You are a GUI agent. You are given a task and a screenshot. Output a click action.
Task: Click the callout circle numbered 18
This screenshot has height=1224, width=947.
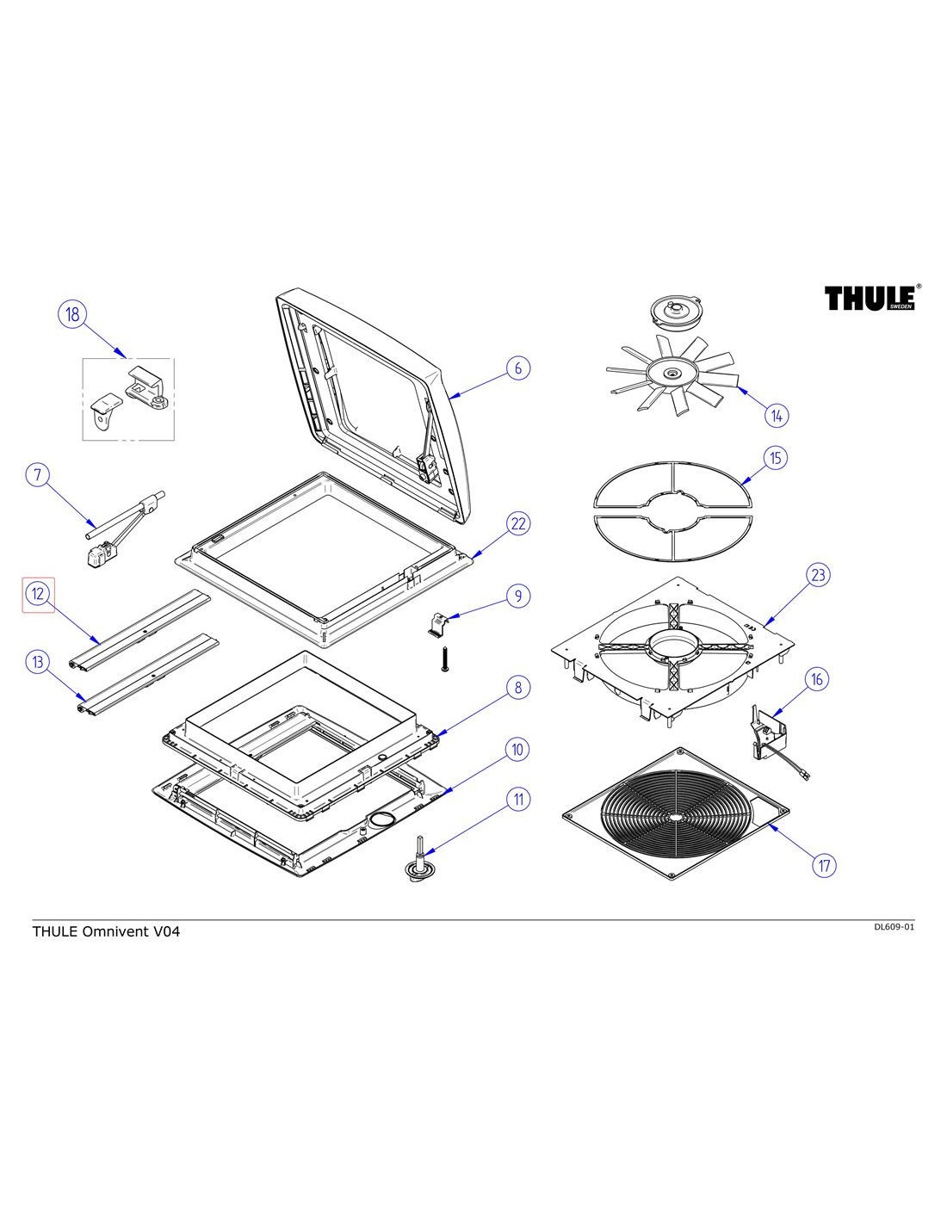pos(72,314)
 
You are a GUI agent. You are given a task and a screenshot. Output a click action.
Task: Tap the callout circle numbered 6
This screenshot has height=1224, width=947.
pos(517,368)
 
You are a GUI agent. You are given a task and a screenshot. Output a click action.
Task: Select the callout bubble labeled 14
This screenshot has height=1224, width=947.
pos(776,416)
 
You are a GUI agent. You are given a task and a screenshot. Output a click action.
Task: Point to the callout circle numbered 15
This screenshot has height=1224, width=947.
pos(775,457)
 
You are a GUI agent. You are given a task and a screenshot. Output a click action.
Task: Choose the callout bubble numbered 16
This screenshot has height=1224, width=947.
pos(816,679)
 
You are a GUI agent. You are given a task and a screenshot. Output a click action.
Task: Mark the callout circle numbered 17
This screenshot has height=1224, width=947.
pos(825,864)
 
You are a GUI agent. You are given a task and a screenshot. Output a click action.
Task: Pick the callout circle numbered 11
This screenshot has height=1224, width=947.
pos(517,799)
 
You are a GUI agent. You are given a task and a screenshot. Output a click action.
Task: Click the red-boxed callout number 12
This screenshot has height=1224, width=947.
pos(39,594)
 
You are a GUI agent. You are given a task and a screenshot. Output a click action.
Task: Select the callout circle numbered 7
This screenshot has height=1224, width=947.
pos(38,474)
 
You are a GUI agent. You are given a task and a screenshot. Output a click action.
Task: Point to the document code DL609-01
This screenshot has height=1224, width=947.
pos(893,927)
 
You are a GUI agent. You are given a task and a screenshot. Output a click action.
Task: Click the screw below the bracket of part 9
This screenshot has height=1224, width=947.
pos(446,659)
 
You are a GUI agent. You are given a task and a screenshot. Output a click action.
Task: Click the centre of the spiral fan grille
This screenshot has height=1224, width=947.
pos(674,815)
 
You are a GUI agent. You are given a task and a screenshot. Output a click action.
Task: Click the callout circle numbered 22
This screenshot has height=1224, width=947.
pos(517,523)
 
